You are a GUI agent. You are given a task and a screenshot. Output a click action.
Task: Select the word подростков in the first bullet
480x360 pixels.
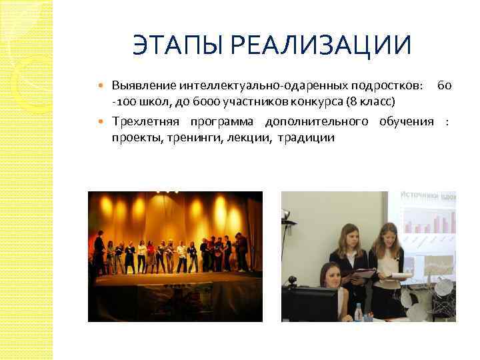387,86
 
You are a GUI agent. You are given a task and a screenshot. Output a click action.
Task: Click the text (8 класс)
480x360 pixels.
371,101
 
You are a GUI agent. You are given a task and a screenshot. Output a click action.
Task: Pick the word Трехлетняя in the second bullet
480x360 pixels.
145,122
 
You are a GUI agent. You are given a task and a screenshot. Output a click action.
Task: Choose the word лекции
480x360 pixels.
249,138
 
